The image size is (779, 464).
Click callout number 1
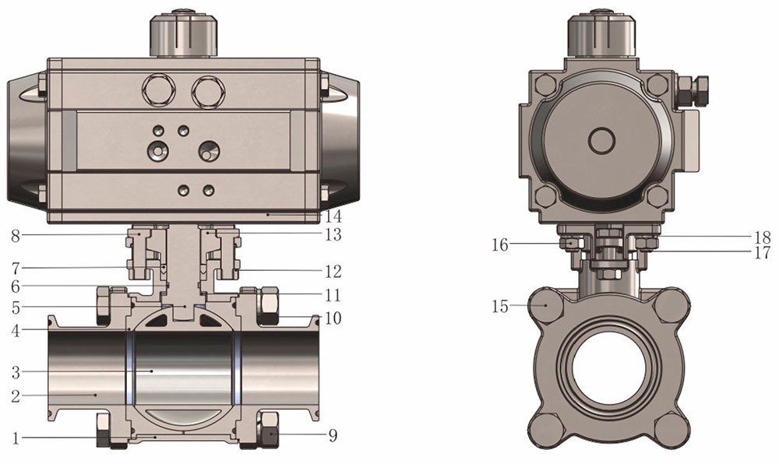click(16, 438)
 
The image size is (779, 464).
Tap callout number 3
click(16, 371)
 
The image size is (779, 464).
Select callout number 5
click(16, 308)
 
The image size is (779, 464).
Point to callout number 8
click(16, 236)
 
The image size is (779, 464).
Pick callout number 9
click(333, 435)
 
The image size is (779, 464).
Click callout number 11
click(333, 295)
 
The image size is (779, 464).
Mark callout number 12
click(333, 272)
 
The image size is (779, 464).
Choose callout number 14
click(333, 216)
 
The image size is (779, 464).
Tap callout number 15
click(500, 306)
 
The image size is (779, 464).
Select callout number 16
click(500, 244)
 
